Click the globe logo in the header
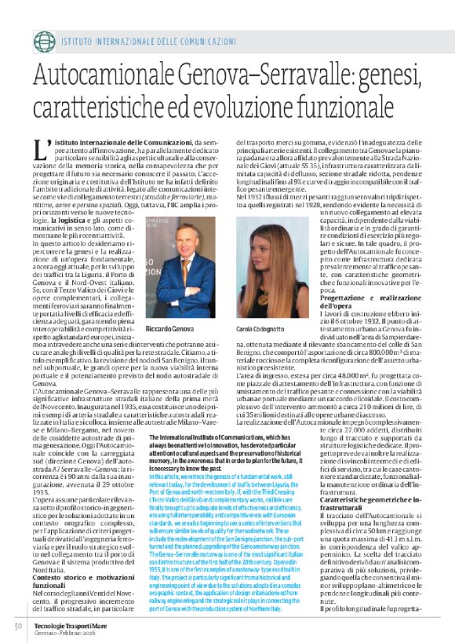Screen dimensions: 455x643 [x=44, y=39]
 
